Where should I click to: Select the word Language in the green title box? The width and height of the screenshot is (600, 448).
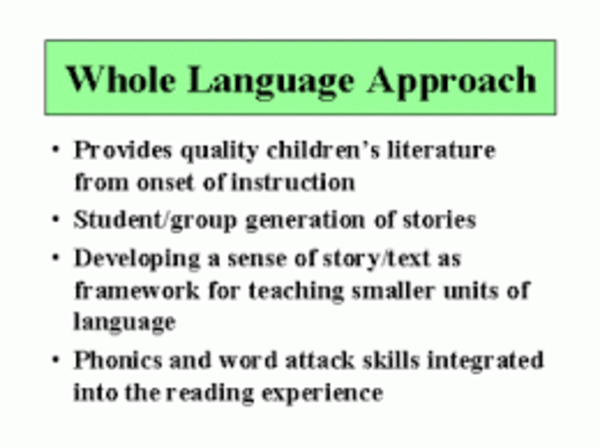click(x=272, y=80)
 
